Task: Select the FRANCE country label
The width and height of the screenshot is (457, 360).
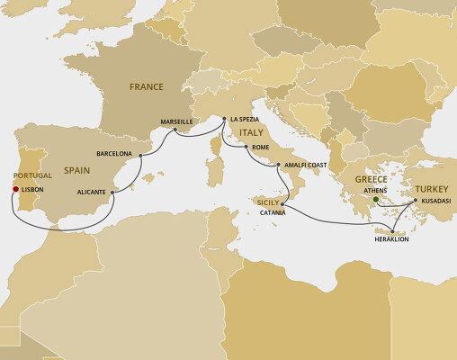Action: click(x=147, y=88)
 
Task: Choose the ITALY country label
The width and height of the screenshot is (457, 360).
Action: click(x=250, y=132)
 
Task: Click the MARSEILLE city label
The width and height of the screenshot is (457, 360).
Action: click(x=176, y=121)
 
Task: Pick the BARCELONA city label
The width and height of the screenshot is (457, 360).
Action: click(x=114, y=154)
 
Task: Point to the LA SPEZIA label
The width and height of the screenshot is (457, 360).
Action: click(x=246, y=120)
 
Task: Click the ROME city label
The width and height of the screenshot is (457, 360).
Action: click(x=261, y=146)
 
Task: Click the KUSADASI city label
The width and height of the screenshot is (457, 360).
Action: click(x=434, y=201)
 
